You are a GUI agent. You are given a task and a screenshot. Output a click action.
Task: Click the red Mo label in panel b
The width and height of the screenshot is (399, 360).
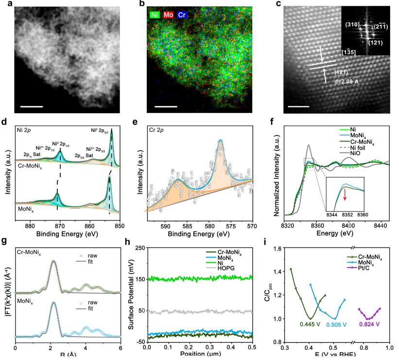168,15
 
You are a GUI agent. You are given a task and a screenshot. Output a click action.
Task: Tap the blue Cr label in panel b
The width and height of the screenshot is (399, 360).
182,15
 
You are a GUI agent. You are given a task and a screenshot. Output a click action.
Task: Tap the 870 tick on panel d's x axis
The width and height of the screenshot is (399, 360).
60,226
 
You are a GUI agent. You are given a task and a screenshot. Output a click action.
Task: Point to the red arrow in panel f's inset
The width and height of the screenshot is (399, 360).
345,194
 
